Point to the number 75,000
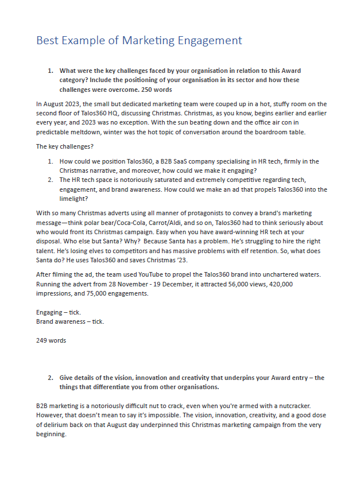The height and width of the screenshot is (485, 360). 95,293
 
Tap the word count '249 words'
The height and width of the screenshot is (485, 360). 51,340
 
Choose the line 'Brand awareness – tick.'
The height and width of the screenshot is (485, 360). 70,321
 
